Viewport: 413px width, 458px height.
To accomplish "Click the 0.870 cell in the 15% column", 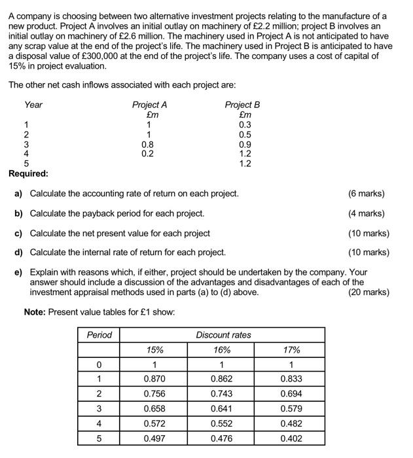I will pos(154,379).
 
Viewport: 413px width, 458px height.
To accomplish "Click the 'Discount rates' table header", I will pos(223,334).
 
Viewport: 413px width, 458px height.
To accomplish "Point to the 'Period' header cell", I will pos(99,334).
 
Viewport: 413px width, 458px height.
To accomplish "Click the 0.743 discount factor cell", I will pos(221,394).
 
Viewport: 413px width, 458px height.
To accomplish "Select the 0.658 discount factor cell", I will pos(154,409).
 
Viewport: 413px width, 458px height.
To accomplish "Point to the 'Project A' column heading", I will pos(149,105).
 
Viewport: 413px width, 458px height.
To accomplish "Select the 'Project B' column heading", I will pos(242,105).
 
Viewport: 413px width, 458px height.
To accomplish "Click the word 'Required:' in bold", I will pos(28,173).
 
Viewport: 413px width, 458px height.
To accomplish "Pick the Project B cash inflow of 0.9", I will pos(244,145).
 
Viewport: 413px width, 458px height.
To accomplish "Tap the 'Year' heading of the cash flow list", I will pos(33,105).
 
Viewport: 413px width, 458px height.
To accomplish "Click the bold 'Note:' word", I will pos(35,311).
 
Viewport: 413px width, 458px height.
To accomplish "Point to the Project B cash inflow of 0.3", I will pos(244,125).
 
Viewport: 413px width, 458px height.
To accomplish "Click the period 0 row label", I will pos(99,364).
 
